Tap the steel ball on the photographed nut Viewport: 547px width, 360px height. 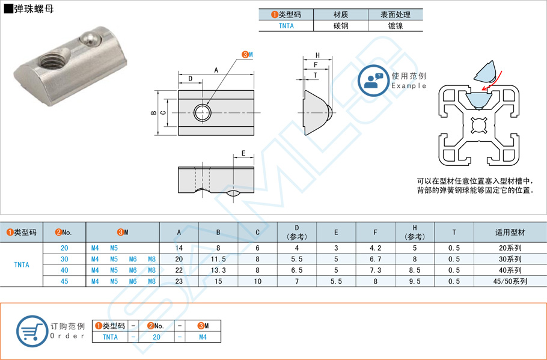pyautogui.click(x=89, y=40)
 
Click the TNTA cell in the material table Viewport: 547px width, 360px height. pyautogui.click(x=286, y=26)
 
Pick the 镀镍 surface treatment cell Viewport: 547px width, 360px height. pyautogui.click(x=395, y=26)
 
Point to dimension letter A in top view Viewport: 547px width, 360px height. pyautogui.click(x=216, y=70)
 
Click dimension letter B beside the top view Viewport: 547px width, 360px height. pyautogui.click(x=154, y=112)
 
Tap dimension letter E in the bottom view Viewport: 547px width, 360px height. pyautogui.click(x=243, y=153)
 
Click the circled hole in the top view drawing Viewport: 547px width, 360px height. pyautogui.click(x=202, y=112)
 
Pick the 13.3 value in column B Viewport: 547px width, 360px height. pyautogui.click(x=218, y=270)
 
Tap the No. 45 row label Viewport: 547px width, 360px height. pyautogui.click(x=64, y=281)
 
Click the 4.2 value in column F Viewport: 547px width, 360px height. pyautogui.click(x=375, y=248)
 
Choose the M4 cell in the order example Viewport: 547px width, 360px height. pyautogui.click(x=203, y=337)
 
